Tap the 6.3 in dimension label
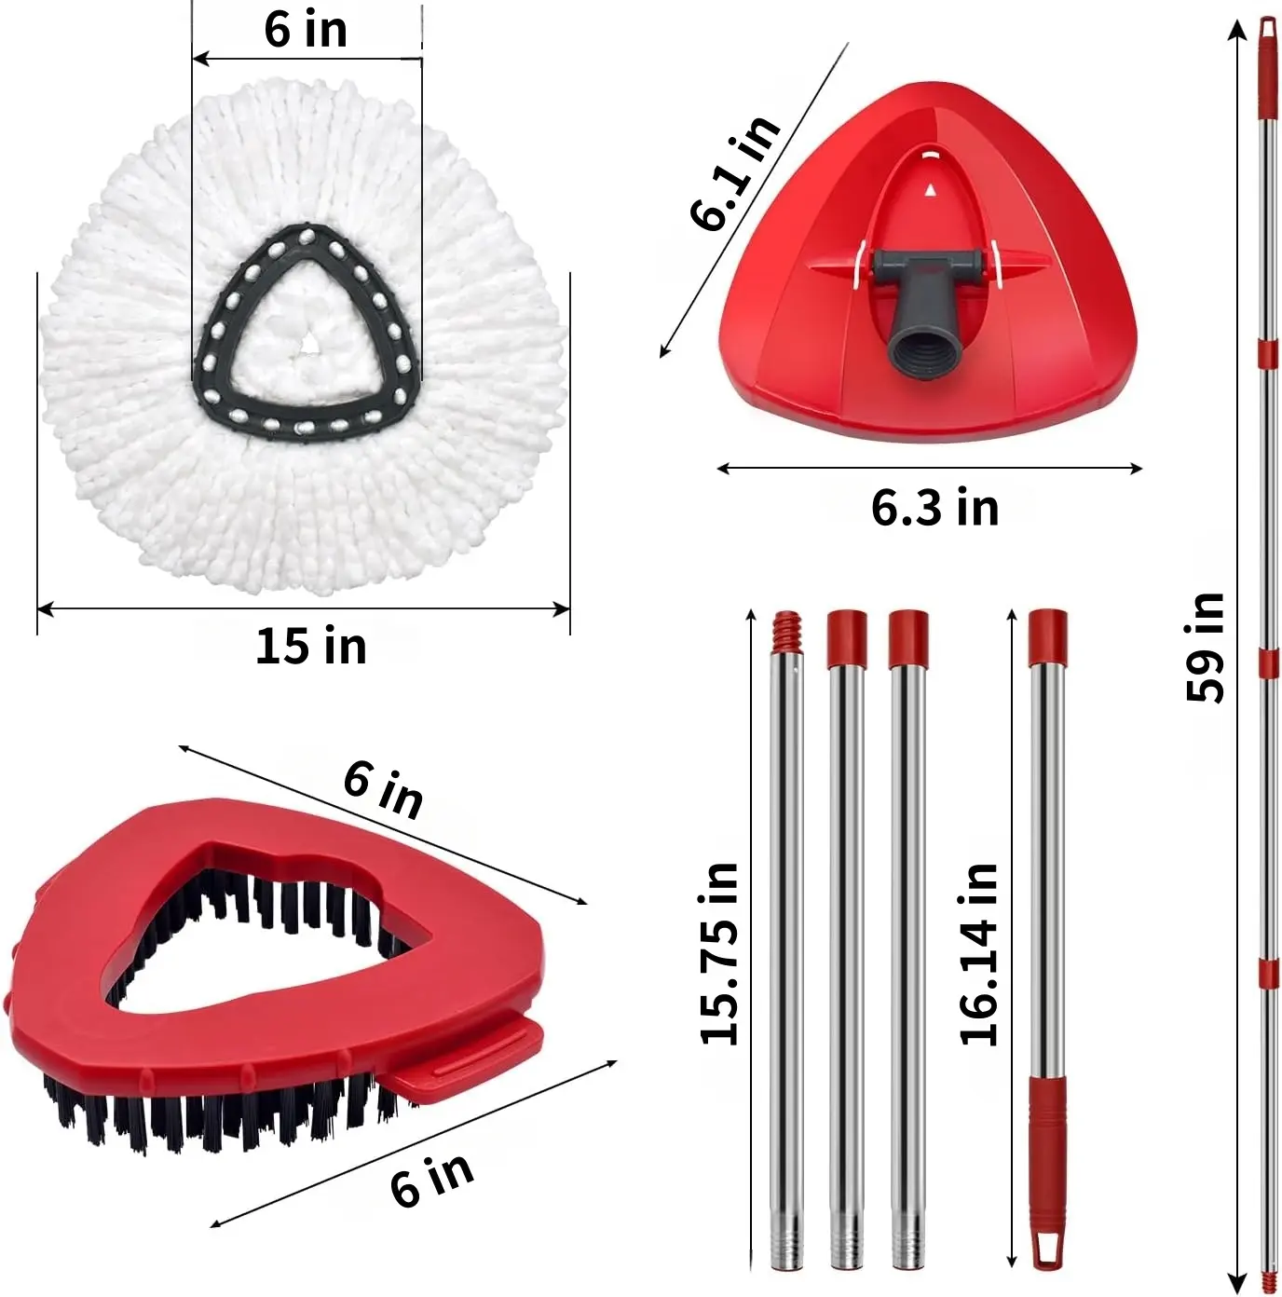coord(935,508)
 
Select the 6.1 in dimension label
coord(734,172)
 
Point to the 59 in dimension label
coord(1205,648)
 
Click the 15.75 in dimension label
coord(720,954)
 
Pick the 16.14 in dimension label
coord(978,954)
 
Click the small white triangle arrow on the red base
coord(931,190)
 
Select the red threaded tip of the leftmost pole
coord(786,628)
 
